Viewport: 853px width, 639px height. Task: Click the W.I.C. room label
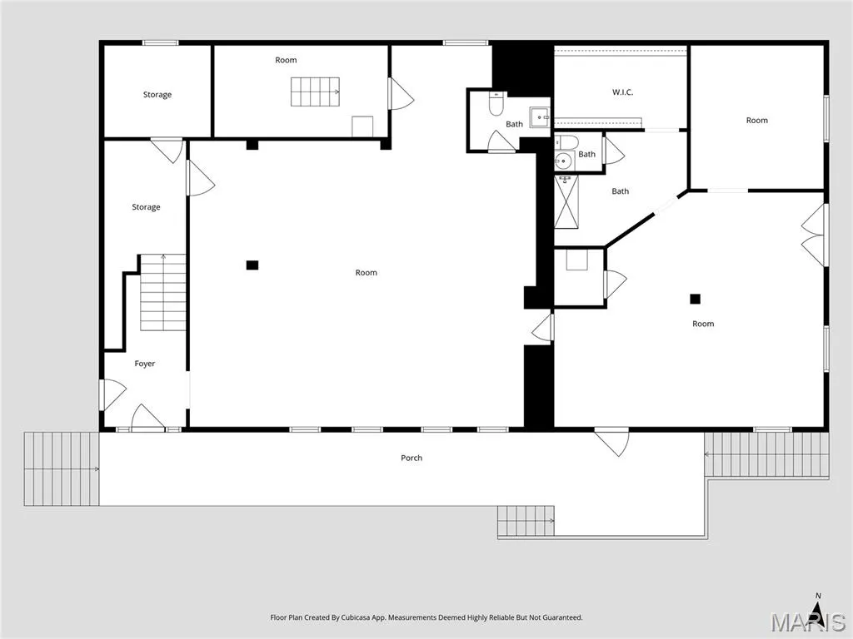tap(622, 92)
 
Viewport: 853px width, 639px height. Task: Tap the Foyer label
tap(145, 364)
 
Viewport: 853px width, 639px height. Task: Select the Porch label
tap(412, 458)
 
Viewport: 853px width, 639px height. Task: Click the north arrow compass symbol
tap(818, 605)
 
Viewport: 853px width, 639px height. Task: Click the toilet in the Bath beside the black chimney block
tap(496, 104)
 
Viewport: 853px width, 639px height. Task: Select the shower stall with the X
tap(566, 201)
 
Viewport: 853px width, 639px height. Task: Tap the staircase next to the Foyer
tap(163, 292)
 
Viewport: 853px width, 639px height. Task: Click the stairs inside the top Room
tap(315, 92)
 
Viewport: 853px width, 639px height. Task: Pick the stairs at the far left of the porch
tap(62, 469)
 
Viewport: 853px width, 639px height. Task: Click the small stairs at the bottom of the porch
tap(526, 521)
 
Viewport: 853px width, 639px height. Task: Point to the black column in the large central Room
tap(252, 265)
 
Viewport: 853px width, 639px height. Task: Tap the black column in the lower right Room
tap(695, 299)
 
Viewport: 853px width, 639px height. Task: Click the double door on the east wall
tap(815, 235)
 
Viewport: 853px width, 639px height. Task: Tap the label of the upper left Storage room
tap(157, 95)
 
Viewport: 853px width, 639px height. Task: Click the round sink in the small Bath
tap(564, 161)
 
